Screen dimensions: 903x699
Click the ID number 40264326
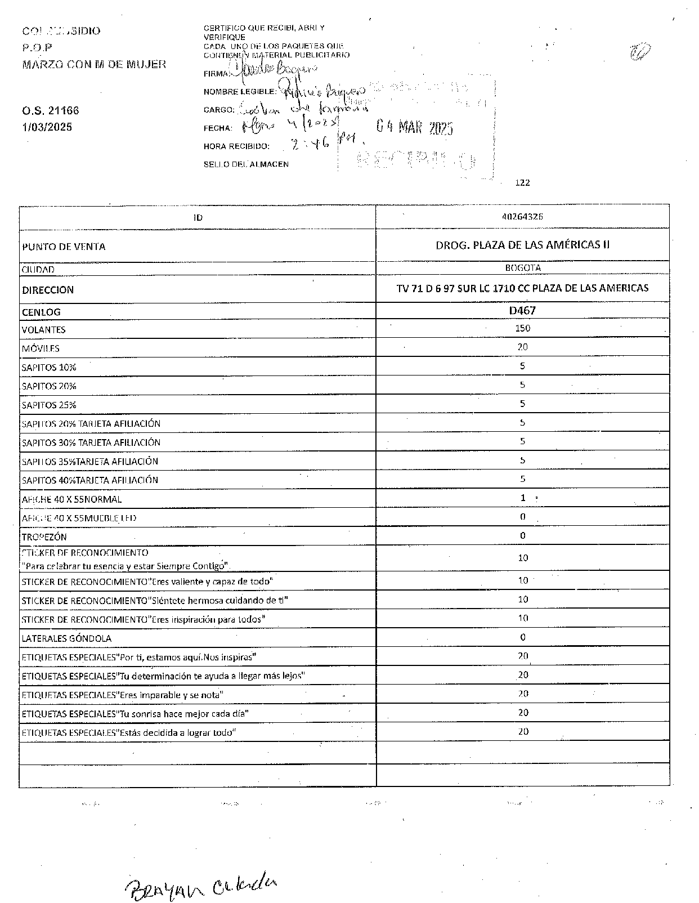[522, 217]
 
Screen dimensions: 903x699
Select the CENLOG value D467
[522, 310]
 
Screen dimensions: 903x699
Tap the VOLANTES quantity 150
[522, 328]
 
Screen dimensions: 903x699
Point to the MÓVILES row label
[41, 348]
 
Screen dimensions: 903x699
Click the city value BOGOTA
[522, 268]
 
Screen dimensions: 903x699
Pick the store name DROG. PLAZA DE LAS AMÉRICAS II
[522, 245]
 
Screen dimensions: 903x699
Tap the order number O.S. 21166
[50, 111]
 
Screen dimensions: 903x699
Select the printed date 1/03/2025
[47, 127]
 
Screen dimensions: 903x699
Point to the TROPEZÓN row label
[44, 537]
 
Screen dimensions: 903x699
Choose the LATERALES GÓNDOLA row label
[66, 638]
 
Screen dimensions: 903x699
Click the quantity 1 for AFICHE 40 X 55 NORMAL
[523, 498]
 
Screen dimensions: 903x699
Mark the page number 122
[522, 182]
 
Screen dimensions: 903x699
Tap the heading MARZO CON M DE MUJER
[94, 64]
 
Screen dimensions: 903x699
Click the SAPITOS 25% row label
[49, 405]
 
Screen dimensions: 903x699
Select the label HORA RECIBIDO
[236, 146]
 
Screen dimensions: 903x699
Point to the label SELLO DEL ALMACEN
[246, 164]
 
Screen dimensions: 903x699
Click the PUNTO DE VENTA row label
[64, 247]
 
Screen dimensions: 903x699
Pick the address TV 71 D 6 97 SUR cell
[522, 288]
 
